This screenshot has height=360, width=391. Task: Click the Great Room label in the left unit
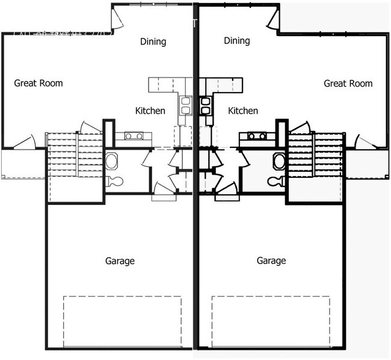point(38,84)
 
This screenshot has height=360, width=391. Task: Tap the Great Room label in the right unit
point(348,84)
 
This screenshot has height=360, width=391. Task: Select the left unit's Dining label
point(153,41)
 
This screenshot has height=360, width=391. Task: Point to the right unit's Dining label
point(236,41)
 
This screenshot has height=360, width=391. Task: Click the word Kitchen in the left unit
point(150,111)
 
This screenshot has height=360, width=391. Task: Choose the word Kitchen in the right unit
point(243,111)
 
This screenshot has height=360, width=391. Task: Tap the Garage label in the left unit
point(120,261)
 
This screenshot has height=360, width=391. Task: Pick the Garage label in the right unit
point(271,261)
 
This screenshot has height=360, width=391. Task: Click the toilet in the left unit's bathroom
point(114,181)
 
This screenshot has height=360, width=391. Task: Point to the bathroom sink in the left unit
point(111,161)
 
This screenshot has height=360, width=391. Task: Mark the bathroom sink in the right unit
point(279,161)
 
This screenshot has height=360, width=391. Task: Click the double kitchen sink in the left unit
point(185,105)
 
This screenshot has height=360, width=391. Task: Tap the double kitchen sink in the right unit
point(205,105)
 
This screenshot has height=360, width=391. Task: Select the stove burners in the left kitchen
point(133,136)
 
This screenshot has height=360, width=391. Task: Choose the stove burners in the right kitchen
point(257,136)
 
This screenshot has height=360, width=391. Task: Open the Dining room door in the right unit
point(273,20)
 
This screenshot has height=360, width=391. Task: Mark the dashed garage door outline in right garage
point(271,322)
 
